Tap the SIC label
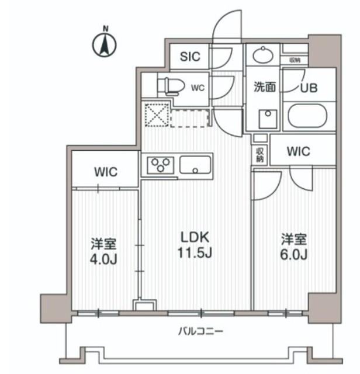(x=190, y=57)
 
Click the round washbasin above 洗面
(x=263, y=56)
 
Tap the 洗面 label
(x=264, y=88)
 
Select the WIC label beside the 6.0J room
(x=298, y=151)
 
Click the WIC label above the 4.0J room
(x=106, y=172)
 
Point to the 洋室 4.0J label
(x=104, y=250)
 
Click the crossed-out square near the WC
(x=156, y=115)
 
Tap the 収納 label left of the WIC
(x=259, y=154)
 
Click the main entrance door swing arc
(x=228, y=26)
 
